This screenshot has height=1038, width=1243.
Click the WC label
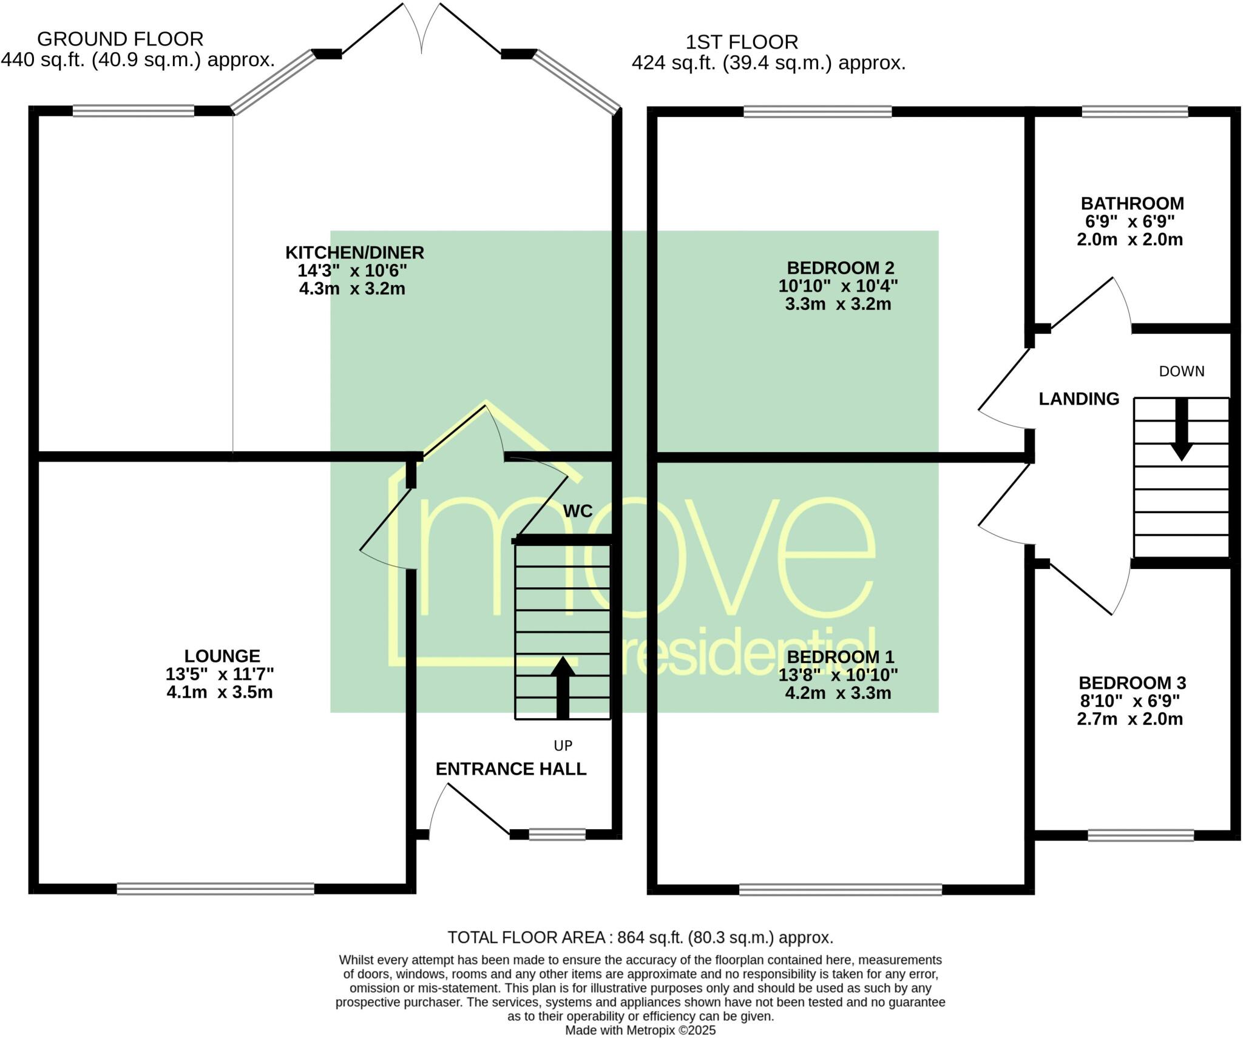click(x=577, y=511)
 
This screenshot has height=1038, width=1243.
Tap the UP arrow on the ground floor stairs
click(x=563, y=687)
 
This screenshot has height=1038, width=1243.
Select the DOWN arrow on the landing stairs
click(x=1181, y=429)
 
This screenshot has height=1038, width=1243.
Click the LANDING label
click(x=1079, y=399)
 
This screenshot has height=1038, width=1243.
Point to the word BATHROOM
click(x=1132, y=203)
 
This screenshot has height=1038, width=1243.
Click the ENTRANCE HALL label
click(x=510, y=769)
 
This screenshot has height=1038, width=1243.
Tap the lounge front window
click(x=215, y=889)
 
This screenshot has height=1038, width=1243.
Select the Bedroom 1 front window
click(x=841, y=889)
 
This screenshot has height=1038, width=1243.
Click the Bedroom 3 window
click(x=1140, y=835)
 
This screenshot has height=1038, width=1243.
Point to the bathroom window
click(x=1134, y=112)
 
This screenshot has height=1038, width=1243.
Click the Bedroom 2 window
click(x=818, y=112)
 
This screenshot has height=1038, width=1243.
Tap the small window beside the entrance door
click(x=557, y=835)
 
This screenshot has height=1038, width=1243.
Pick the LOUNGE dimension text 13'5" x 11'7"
click(x=220, y=674)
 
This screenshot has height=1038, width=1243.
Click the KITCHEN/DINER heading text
click(x=354, y=252)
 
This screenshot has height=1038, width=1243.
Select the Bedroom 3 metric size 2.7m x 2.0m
click(x=1130, y=720)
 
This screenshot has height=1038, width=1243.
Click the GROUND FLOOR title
click(x=120, y=39)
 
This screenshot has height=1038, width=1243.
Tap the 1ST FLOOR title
click(x=742, y=42)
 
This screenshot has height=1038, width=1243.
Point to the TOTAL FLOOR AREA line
click(x=640, y=937)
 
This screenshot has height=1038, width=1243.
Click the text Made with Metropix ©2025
click(x=640, y=1030)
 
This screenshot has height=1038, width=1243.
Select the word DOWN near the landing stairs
click(x=1182, y=371)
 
